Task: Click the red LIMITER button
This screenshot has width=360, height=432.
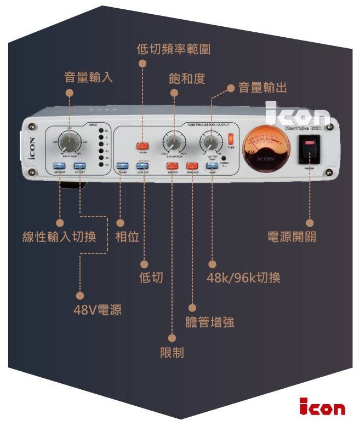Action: click(173, 165)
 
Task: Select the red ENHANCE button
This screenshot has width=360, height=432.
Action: click(192, 165)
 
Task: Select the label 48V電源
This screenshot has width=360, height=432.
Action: click(98, 310)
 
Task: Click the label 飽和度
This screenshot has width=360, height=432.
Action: click(187, 79)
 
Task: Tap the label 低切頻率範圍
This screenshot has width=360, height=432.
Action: click(173, 49)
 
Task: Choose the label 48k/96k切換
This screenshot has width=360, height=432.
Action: click(243, 278)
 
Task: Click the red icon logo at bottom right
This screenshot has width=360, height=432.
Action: click(322, 408)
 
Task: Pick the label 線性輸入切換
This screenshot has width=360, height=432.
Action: click(59, 237)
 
